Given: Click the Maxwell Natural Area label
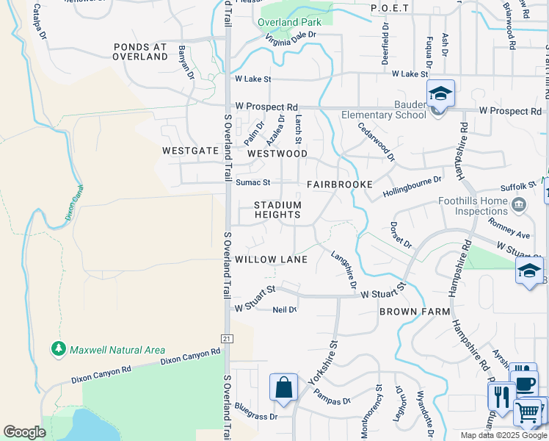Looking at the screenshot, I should [x=117, y=351].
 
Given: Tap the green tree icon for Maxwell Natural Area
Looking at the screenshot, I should [x=59, y=348].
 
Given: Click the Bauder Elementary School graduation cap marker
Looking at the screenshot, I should [x=440, y=95].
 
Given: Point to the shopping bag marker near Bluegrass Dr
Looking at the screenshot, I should [x=283, y=387].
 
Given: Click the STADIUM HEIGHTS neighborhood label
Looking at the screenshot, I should [x=277, y=209].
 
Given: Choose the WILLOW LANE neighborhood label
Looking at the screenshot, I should [x=271, y=259].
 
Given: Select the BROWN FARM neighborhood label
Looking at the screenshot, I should [x=415, y=312].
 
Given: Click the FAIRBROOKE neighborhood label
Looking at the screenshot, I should [x=340, y=184].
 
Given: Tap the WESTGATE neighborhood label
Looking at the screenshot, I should [x=191, y=151].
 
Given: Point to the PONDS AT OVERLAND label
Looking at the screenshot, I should [x=140, y=51].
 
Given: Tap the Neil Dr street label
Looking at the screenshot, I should [x=285, y=309].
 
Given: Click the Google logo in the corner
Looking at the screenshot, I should [x=24, y=432].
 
